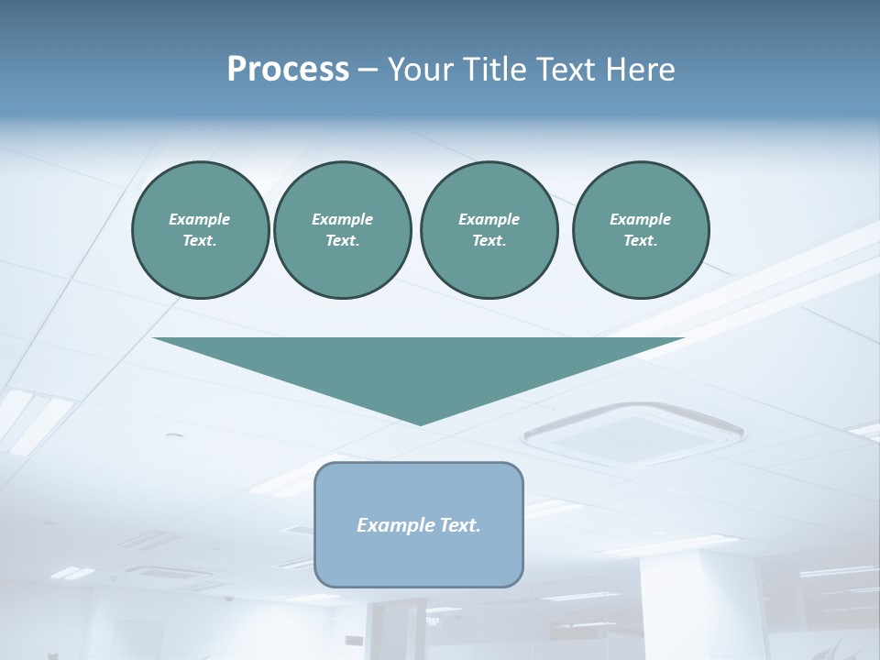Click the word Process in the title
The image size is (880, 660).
(288, 70)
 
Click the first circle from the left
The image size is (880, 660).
(200, 230)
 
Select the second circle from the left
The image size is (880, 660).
(342, 230)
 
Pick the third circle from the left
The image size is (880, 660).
(489, 230)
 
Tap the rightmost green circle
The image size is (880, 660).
(640, 230)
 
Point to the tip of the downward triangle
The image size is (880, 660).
(420, 423)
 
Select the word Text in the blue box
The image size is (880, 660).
(461, 525)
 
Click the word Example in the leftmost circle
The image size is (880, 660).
(200, 219)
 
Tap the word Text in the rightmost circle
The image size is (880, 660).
(640, 241)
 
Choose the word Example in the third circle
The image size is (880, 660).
(489, 219)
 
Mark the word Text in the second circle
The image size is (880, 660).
(342, 241)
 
